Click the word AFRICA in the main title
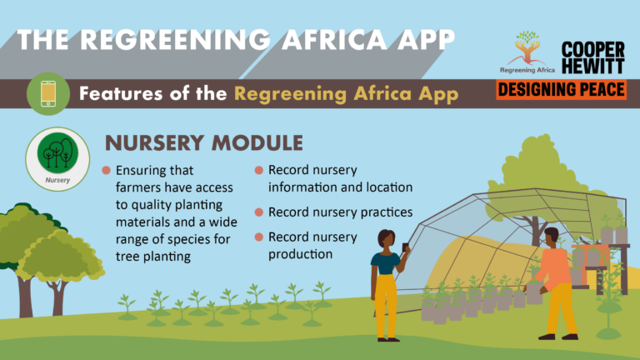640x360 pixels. [x=334, y=40]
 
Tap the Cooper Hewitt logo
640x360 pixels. [x=593, y=57]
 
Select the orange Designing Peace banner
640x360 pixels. [x=561, y=89]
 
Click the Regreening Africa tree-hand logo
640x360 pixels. [x=527, y=52]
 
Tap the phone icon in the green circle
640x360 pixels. [x=48, y=94]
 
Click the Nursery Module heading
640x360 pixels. [x=204, y=142]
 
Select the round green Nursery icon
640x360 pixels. [x=57, y=152]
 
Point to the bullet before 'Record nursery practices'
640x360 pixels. [x=259, y=212]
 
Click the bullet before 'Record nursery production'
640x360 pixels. [x=259, y=237]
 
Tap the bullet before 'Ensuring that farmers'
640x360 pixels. [x=106, y=170]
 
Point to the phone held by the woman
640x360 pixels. [x=405, y=247]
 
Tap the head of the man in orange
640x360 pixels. [x=552, y=237]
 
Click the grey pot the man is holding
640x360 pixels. [x=534, y=294]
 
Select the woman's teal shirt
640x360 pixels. [x=385, y=263]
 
